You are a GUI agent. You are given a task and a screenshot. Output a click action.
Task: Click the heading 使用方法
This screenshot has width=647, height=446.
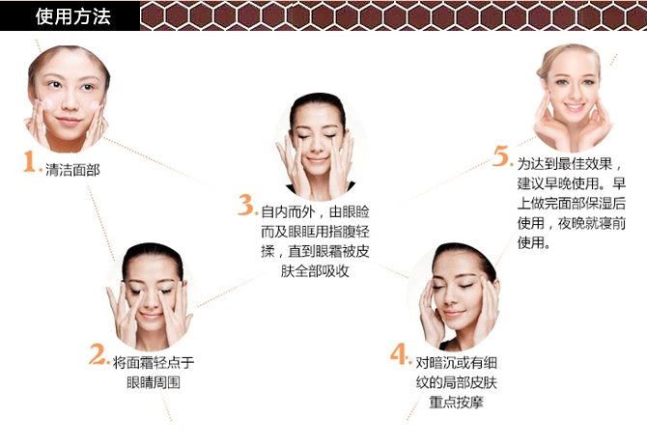[73, 16]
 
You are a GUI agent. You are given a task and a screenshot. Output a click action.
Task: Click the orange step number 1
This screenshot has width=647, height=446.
[30, 161]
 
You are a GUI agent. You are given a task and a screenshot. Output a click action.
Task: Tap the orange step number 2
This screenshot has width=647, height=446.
[97, 354]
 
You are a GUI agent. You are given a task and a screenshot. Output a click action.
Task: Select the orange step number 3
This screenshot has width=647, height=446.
[246, 205]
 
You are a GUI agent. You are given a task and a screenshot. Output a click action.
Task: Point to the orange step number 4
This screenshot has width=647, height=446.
[399, 354]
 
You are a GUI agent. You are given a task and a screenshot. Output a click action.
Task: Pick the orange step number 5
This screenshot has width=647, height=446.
[501, 156]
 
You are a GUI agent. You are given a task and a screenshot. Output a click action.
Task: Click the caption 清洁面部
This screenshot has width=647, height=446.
[72, 170]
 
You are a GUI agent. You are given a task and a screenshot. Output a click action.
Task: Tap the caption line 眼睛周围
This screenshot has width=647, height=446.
[154, 382]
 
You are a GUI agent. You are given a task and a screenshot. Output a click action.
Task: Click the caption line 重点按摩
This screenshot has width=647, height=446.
[456, 402]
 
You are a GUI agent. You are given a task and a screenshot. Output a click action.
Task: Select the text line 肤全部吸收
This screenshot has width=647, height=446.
[315, 271]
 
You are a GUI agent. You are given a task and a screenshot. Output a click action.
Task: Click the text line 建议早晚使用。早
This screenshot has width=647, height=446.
[572, 183]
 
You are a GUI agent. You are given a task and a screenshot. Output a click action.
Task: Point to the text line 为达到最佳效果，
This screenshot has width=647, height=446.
[570, 164]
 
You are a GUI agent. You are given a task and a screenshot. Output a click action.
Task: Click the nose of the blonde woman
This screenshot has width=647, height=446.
[573, 94]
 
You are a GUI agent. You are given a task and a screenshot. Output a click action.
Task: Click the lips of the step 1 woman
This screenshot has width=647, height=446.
[69, 121]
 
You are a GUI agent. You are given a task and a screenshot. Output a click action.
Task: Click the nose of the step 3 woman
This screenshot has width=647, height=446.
[317, 148]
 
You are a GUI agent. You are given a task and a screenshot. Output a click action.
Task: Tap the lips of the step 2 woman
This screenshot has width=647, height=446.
[151, 316]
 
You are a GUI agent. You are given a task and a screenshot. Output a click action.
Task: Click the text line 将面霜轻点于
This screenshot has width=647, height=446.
[154, 363]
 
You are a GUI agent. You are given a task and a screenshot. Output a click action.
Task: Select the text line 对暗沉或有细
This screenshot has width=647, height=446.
[456, 363]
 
